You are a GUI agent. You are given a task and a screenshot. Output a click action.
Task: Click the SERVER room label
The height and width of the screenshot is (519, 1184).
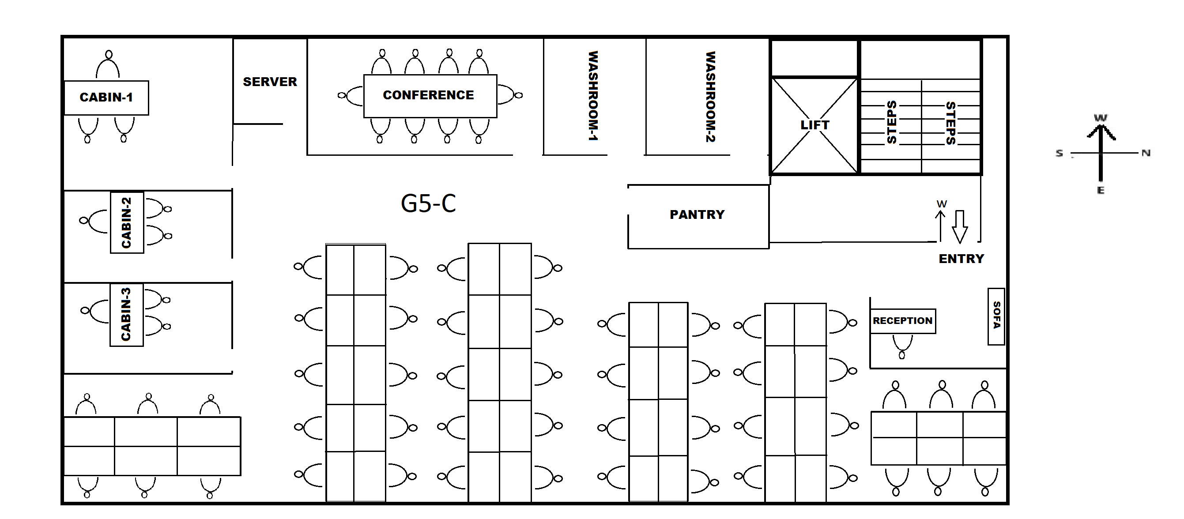[x=270, y=82]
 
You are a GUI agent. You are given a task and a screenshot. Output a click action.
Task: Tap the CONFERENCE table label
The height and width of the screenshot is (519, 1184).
[x=428, y=95]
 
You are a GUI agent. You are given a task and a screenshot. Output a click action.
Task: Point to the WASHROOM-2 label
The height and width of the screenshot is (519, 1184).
[x=711, y=97]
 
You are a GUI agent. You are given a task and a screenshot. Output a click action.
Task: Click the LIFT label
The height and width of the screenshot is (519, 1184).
[x=814, y=125]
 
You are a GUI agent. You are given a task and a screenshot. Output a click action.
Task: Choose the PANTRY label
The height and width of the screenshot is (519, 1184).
[x=697, y=214]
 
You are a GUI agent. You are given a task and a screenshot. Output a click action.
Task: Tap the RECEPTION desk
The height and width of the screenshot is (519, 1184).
[x=903, y=320]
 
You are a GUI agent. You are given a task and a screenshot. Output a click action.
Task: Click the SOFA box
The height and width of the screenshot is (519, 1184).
[x=996, y=316]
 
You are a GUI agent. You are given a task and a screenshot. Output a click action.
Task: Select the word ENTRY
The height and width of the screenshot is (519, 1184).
[x=961, y=259]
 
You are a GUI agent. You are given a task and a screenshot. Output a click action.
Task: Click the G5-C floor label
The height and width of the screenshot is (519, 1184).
[x=428, y=203]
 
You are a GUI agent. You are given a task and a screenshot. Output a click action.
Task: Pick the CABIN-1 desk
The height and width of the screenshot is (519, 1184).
[x=106, y=98]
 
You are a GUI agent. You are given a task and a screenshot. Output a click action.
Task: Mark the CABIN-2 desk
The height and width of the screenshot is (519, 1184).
[x=127, y=222]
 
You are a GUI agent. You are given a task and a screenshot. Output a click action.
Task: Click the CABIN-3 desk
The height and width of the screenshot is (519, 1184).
[x=126, y=315]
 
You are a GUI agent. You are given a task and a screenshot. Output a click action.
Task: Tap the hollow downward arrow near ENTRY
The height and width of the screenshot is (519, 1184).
[x=960, y=226]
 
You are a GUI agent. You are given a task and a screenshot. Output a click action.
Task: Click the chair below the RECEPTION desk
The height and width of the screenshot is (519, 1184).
[x=902, y=346]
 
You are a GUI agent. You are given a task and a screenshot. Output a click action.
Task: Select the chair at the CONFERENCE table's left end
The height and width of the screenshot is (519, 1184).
[x=351, y=95]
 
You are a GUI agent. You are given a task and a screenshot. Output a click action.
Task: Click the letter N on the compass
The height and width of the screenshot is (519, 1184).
[x=1146, y=153]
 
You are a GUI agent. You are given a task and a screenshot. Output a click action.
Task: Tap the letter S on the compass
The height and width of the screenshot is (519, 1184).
[x=1060, y=154]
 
